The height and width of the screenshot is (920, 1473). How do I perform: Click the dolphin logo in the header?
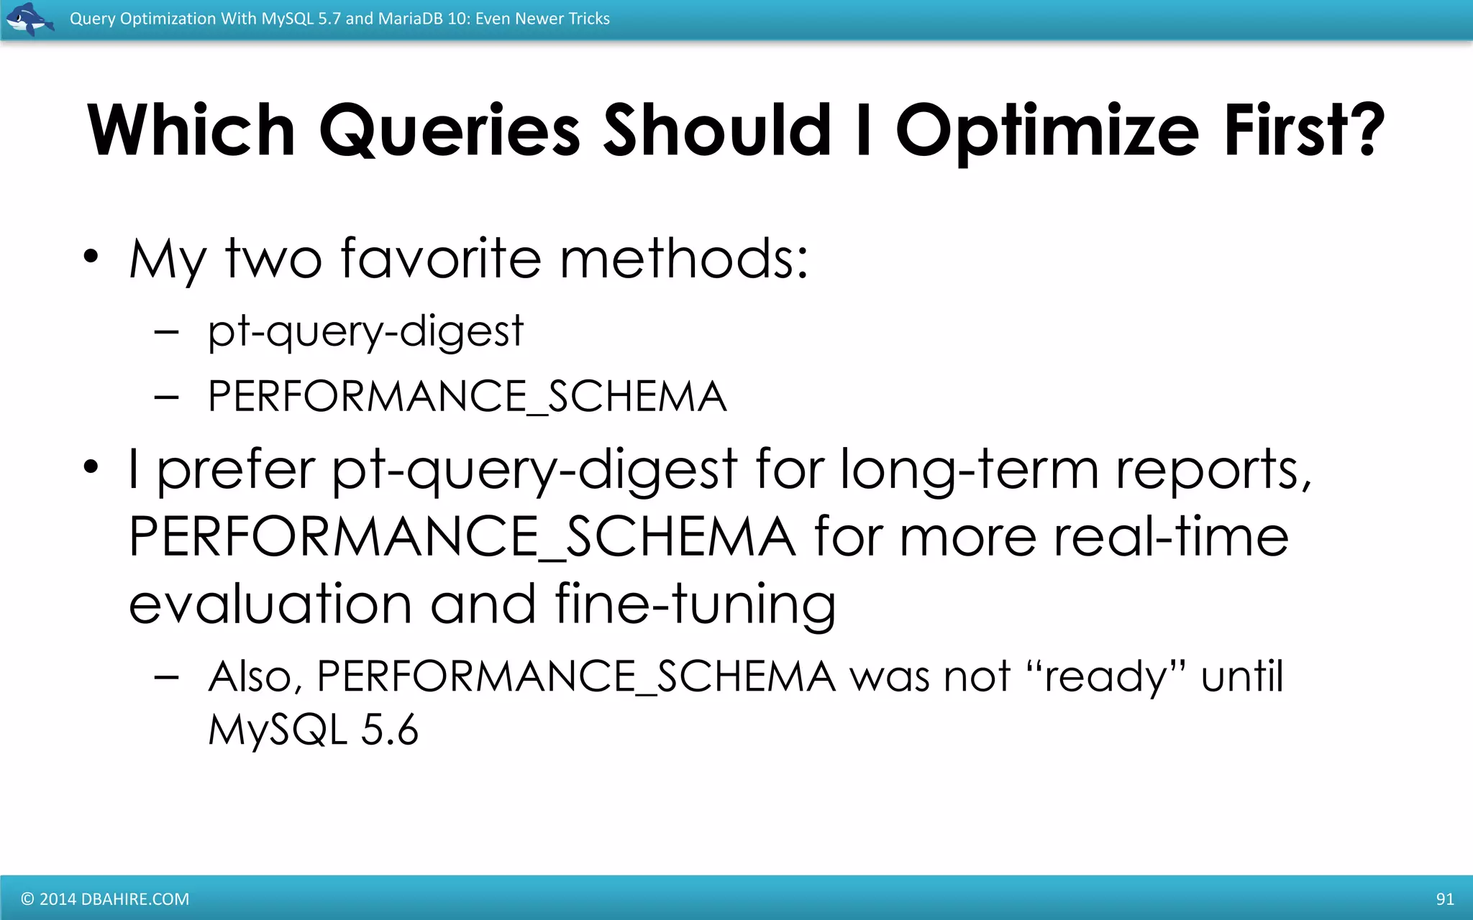[29, 19]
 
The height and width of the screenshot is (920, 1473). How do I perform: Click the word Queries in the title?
[449, 131]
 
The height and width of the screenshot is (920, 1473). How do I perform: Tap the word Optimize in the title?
[1047, 131]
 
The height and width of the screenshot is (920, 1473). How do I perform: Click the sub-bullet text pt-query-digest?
[365, 332]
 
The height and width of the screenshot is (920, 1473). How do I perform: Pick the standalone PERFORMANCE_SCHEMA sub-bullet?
[467, 396]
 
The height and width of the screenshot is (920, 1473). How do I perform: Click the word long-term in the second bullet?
[969, 469]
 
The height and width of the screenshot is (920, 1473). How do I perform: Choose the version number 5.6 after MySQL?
[389, 730]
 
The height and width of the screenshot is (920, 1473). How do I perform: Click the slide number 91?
[1444, 898]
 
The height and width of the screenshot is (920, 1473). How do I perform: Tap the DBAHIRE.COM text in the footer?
[135, 899]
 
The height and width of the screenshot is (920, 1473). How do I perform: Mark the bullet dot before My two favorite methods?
[90, 257]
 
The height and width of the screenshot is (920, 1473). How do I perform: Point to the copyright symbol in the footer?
[27, 899]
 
